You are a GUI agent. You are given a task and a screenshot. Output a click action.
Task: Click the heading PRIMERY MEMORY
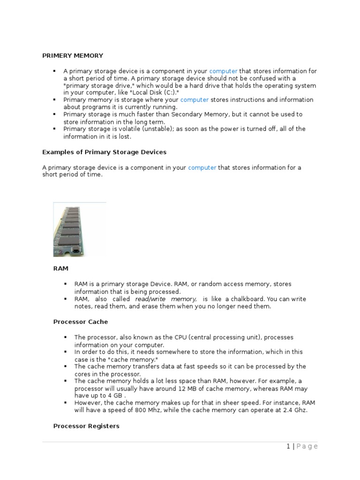coord(73,56)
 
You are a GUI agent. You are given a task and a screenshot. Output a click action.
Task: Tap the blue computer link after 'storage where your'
coord(194,100)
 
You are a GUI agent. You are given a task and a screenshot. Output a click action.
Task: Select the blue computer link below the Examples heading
coord(202,167)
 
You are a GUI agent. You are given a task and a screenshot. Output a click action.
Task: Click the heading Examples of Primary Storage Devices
coord(104,152)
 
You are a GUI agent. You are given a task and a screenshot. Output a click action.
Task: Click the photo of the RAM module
coord(79,229)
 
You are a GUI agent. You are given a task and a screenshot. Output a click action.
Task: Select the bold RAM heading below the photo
coord(61,269)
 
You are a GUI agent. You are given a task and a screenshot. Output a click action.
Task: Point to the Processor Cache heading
coord(80,322)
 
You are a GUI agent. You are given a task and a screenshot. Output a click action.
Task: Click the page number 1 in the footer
coord(288,447)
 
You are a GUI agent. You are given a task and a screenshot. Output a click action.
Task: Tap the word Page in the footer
coord(307,447)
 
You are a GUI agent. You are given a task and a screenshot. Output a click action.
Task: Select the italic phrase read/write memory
coord(165,299)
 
